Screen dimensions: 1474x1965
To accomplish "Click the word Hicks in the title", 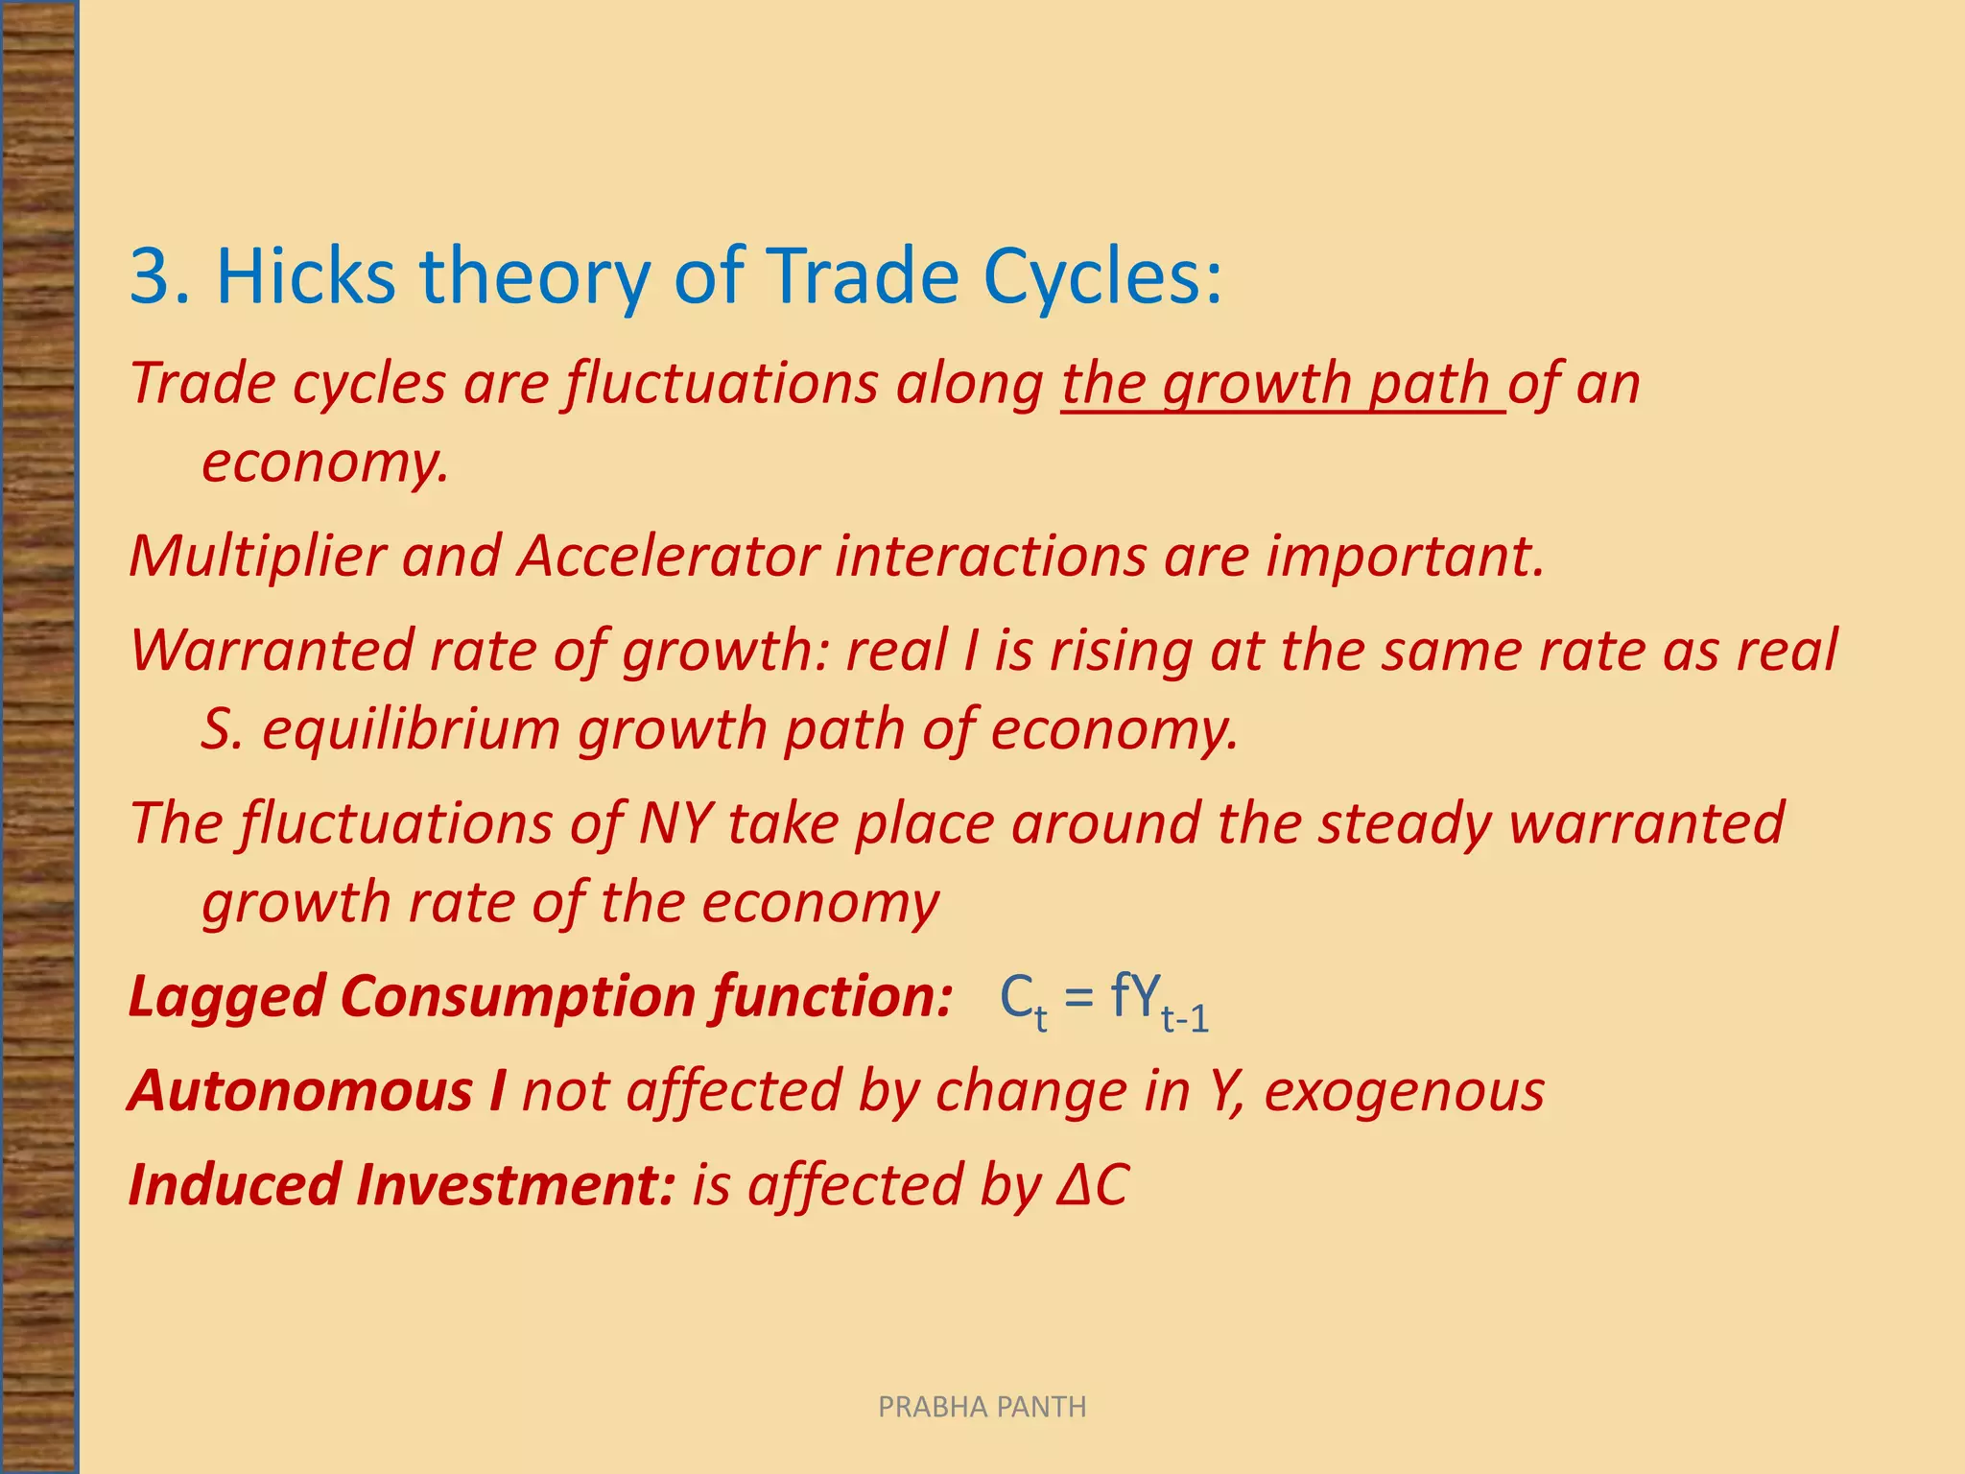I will (305, 276).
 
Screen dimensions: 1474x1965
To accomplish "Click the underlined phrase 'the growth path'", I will (1282, 384).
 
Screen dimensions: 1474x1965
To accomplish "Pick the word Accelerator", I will (668, 556).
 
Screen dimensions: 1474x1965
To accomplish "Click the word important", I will (1405, 556).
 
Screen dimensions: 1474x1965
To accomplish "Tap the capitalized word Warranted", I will (271, 651).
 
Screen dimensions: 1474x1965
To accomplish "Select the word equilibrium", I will (411, 729).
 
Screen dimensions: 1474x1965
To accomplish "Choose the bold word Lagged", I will (226, 996).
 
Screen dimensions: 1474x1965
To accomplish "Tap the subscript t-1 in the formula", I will (1185, 1017).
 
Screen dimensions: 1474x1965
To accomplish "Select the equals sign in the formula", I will (1078, 996).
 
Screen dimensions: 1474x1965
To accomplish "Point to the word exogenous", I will (1404, 1091).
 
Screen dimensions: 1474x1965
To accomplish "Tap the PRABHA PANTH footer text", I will (982, 1407).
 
